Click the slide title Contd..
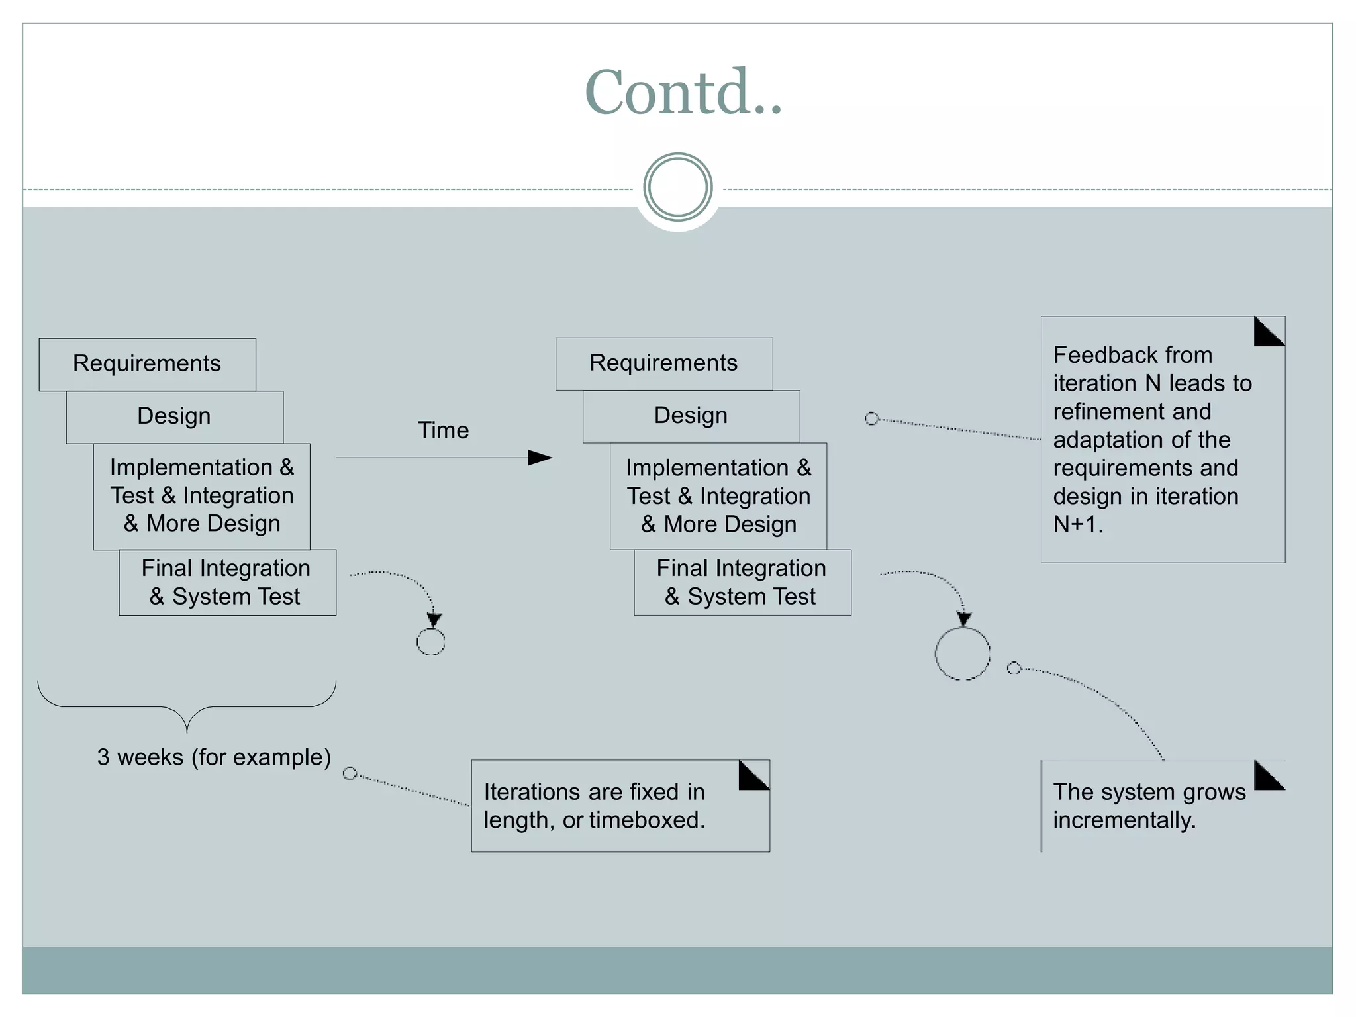pos(683,93)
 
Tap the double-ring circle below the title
pos(677,187)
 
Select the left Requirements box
pos(147,364)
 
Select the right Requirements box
pos(663,363)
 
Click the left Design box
pos(174,416)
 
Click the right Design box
pos(691,416)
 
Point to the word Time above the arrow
pos(443,430)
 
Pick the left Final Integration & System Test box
pos(226,583)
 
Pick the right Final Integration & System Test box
pos(742,583)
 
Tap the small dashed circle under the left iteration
pos(430,642)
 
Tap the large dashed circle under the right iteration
pos(962,654)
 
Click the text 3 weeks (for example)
pos(214,757)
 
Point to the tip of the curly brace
pos(187,730)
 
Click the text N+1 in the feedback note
pos(1077,524)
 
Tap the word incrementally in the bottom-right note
pos(1124,820)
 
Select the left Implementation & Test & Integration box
pos(201,496)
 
